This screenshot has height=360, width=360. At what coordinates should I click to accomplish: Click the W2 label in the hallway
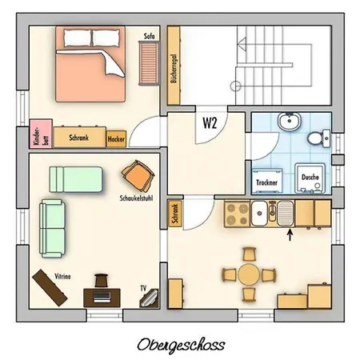tap(210, 123)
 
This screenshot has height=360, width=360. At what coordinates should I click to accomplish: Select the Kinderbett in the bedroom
tap(36, 134)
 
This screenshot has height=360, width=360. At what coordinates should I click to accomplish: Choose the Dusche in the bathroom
tap(310, 178)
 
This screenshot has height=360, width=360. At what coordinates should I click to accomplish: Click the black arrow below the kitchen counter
tap(290, 234)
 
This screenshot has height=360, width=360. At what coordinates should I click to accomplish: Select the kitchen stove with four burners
tap(238, 213)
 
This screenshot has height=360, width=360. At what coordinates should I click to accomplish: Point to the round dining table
tap(248, 274)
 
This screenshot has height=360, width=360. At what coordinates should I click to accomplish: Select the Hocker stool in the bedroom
tap(117, 138)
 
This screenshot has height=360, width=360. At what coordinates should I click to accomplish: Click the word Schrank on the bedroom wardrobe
tap(78, 138)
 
